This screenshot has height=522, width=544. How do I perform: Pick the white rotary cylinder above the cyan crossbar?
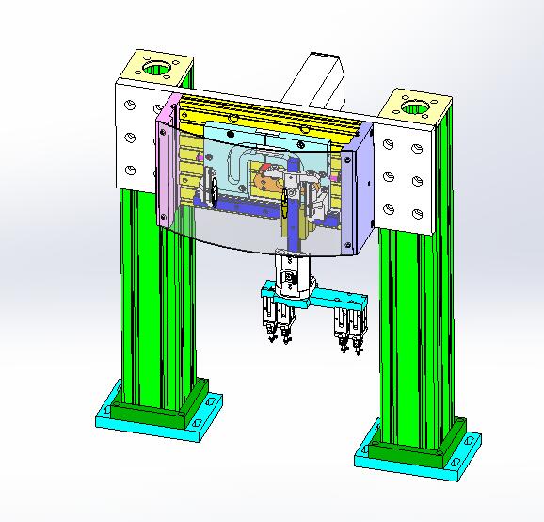292,278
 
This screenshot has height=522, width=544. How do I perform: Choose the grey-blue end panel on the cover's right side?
362,188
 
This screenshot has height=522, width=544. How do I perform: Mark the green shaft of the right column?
414,330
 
